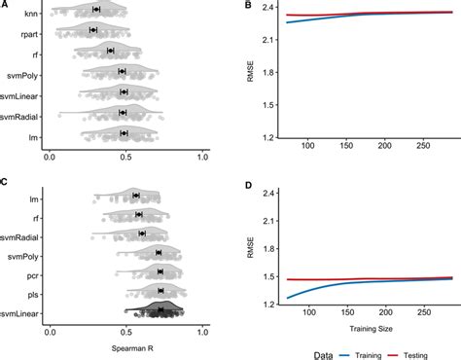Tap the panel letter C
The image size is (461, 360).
point(5,181)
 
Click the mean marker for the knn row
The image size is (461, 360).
point(95,9)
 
